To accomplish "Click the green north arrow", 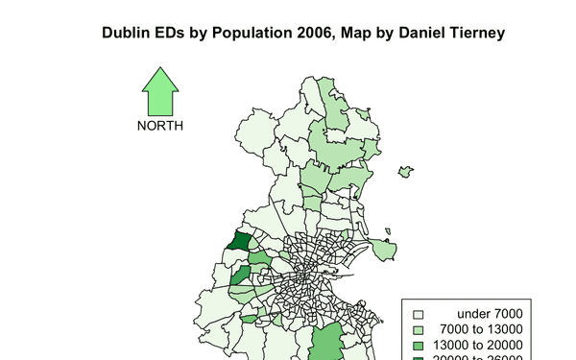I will [160, 92].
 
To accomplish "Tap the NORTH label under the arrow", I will [159, 126].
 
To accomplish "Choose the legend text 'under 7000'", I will [489, 313].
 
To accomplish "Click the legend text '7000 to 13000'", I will [487, 329].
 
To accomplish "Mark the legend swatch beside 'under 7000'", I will [418, 314].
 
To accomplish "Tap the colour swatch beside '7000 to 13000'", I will [418, 329].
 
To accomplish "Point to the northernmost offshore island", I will [405, 172].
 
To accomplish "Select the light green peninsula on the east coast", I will [384, 250].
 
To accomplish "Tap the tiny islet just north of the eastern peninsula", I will [387, 229].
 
